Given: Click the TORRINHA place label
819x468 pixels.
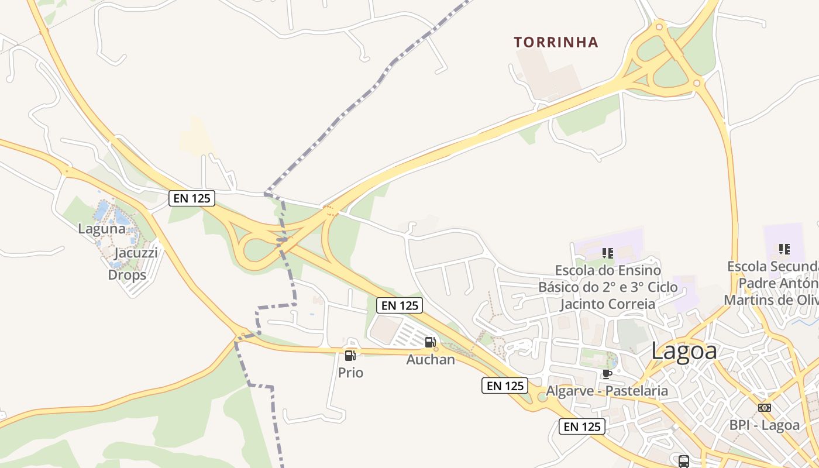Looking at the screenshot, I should point(556,42).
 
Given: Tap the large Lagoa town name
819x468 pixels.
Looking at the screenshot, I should point(684,351).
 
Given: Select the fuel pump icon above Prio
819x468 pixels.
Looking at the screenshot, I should point(350,355).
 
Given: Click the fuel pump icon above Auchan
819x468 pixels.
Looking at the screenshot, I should point(430,342).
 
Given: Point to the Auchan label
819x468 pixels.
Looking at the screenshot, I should point(431,359).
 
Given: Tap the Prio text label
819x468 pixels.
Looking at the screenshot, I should point(350,373).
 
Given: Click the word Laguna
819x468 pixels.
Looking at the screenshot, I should point(102,229).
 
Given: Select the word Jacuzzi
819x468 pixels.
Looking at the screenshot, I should point(136,253).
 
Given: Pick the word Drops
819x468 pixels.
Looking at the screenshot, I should point(127,274).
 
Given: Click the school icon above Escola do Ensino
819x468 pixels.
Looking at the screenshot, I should point(607,253).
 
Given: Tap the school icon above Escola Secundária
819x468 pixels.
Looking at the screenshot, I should point(784,249).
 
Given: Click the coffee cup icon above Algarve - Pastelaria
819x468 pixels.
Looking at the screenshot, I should point(607,374).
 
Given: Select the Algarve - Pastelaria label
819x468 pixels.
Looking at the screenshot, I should point(607,390).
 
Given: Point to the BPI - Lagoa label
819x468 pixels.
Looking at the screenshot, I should point(764,425).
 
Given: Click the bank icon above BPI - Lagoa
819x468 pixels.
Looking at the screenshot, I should point(764,408).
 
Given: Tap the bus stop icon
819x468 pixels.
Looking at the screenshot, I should point(683,461).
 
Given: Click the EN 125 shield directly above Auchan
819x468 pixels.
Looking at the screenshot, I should point(400,305).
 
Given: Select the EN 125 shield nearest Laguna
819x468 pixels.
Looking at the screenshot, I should point(192,198).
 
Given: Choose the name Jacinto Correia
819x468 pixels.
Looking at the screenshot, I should point(607,304).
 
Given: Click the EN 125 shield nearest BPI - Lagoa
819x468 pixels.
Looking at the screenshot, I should point(581,426).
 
